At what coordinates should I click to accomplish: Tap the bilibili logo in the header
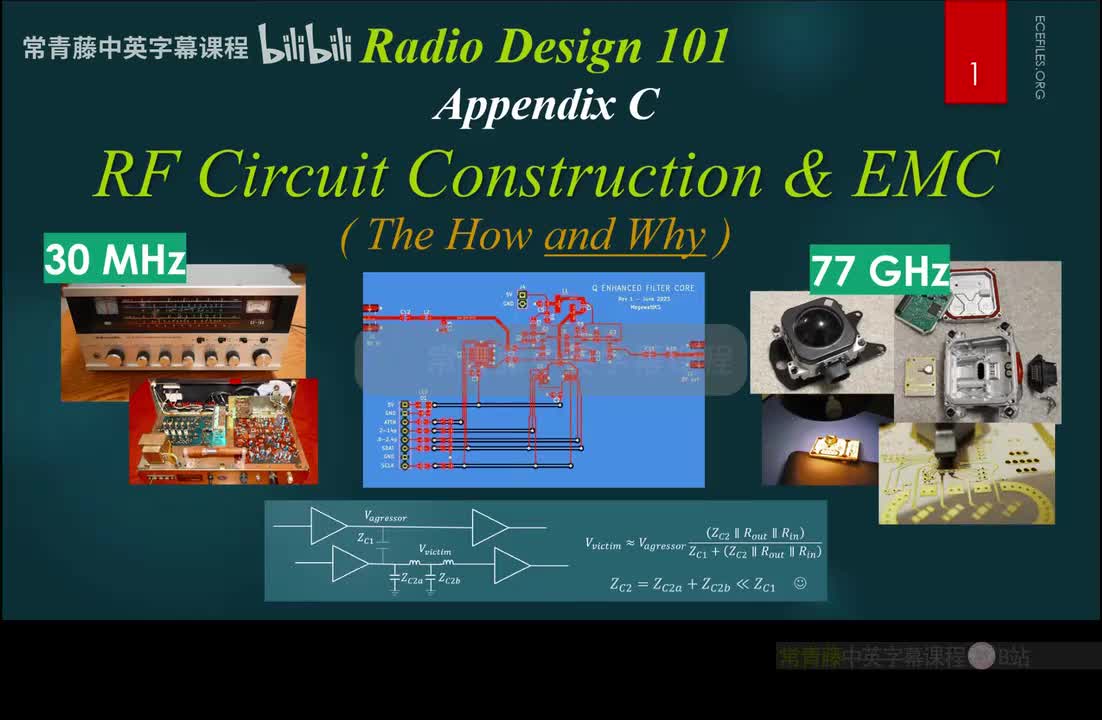305,45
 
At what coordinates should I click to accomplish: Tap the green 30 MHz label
115,260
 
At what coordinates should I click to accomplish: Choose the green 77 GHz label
879,270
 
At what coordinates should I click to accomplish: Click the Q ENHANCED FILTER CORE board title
643,288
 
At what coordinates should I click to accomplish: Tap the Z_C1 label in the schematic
366,538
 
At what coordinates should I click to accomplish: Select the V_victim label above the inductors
436,551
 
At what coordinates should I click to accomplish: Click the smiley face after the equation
799,583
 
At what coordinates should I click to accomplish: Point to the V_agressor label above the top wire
386,517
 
